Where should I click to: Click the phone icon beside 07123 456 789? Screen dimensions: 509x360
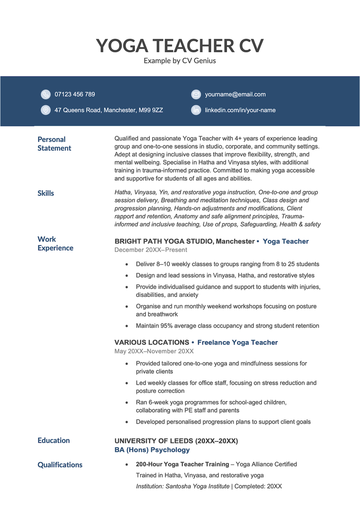46,95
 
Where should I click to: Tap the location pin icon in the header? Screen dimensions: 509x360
46,110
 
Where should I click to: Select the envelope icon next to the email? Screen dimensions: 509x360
196,95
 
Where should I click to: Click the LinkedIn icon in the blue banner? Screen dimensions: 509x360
196,110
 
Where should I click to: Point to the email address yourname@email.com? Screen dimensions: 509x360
235,95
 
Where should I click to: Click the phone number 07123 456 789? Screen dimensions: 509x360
75,95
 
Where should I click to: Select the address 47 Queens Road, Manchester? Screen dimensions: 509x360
108,110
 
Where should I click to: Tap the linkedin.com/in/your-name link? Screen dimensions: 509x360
240,110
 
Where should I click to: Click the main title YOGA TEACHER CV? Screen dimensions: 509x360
180,46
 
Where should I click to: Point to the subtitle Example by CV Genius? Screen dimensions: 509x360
180,61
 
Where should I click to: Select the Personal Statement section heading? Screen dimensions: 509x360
54,144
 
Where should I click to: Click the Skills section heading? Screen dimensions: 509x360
46,193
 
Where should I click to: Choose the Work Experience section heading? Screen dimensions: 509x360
55,244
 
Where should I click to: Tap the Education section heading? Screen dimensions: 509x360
54,440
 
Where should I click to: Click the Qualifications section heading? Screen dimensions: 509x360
60,465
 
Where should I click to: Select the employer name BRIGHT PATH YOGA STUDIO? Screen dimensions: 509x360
164,241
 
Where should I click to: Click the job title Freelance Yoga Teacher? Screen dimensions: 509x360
238,343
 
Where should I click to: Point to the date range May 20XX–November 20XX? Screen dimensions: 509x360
154,351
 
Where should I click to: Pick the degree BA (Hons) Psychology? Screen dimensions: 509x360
152,450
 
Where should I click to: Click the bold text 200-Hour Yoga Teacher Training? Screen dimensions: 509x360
182,464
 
